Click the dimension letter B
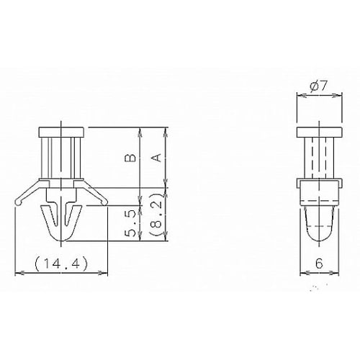click(131, 158)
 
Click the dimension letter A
click(156, 158)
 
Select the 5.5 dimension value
click(131, 223)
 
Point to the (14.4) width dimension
click(61, 264)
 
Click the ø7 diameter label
click(319, 86)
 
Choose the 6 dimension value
click(319, 264)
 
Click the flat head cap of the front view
click(62, 132)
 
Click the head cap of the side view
click(319, 132)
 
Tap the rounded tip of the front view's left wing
click(18, 202)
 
